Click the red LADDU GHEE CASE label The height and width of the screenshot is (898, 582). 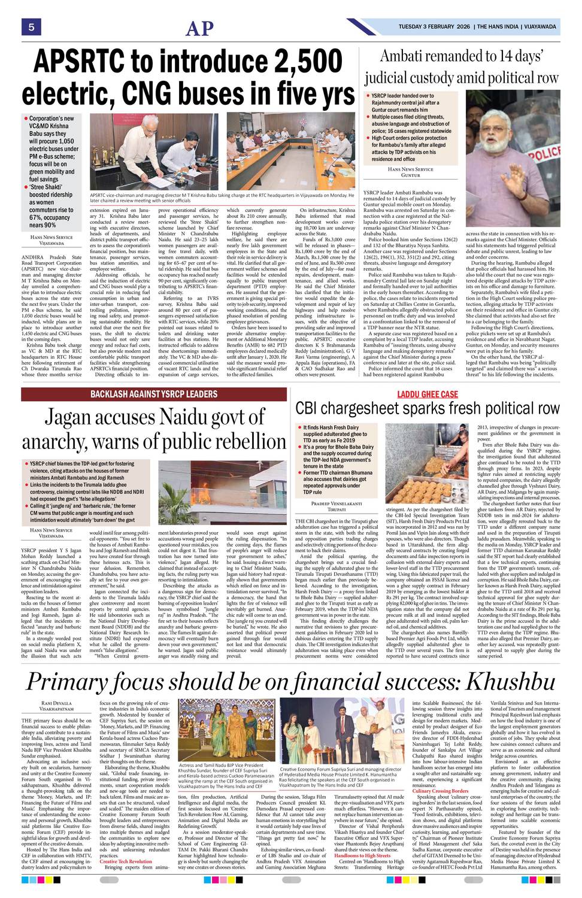428,394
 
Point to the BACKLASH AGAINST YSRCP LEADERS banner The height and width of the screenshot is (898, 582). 154,394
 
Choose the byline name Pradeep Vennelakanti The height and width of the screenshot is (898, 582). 344,503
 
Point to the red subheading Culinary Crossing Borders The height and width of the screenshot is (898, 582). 440,791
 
